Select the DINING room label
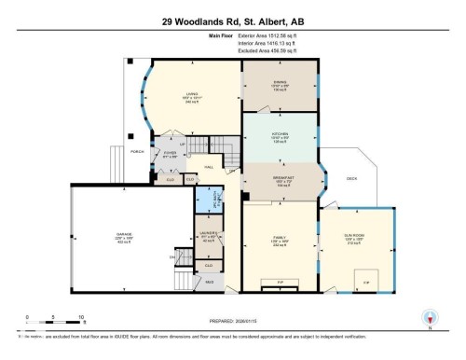pyautogui.click(x=280, y=82)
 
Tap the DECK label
pyautogui.click(x=352, y=178)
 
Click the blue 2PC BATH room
pyautogui.click(x=206, y=200)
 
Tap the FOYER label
pyautogui.click(x=169, y=154)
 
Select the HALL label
pyautogui.click(x=210, y=166)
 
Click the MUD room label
pyautogui.click(x=209, y=282)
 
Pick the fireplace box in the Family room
pyautogui.click(x=280, y=280)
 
